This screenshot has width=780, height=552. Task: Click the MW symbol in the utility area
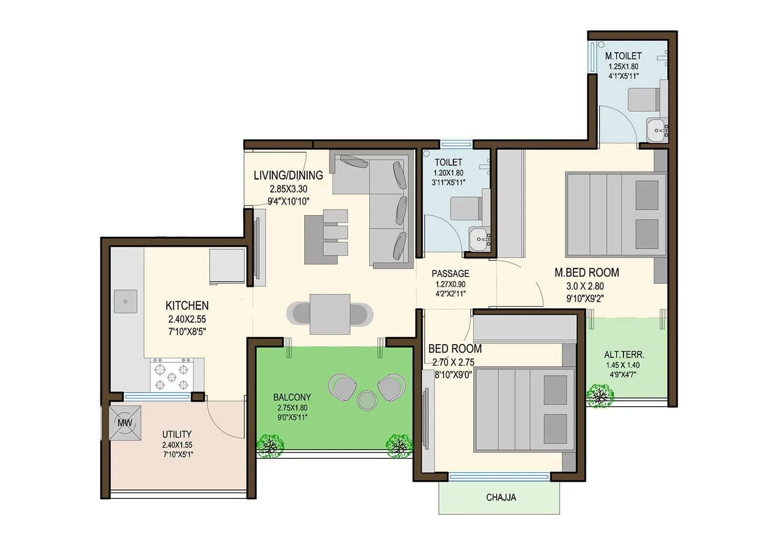click(x=125, y=423)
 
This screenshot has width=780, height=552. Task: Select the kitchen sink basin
click(x=125, y=301)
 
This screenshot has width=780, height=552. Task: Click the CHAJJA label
click(x=501, y=497)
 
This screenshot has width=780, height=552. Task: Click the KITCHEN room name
click(x=187, y=306)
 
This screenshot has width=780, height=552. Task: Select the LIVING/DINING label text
click(x=288, y=175)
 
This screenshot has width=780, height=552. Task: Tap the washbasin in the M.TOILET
click(x=656, y=130)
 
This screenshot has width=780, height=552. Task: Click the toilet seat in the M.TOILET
click(x=643, y=99)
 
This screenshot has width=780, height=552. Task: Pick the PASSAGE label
click(x=450, y=274)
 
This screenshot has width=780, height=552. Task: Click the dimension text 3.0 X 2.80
click(x=585, y=286)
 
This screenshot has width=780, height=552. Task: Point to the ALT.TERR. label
click(x=624, y=355)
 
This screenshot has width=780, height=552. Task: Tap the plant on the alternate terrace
click(x=600, y=395)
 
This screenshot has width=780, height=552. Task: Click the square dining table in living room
click(x=330, y=314)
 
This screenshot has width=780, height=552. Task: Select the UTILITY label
click(x=177, y=434)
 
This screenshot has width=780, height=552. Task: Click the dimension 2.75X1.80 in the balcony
click(x=292, y=408)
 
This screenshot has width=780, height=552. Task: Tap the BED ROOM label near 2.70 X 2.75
click(x=455, y=349)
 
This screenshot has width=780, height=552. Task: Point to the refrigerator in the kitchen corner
click(x=227, y=266)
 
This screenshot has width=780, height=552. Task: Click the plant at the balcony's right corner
click(x=399, y=445)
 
